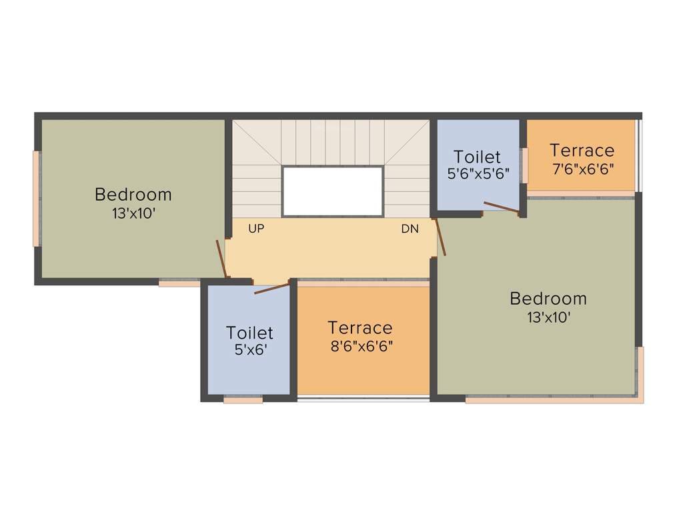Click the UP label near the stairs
click(x=256, y=229)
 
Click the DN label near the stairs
click(x=410, y=229)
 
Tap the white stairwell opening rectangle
click(x=332, y=191)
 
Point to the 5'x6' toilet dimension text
click(x=250, y=349)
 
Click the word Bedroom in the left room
click(x=133, y=195)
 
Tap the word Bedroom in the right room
click(x=548, y=299)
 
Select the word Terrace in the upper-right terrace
click(x=582, y=150)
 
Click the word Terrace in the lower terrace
click(x=360, y=328)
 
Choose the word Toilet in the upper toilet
click(x=477, y=157)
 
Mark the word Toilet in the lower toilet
click(x=250, y=332)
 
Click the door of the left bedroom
click(x=222, y=259)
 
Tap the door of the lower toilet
click(x=272, y=288)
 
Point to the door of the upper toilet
click(x=501, y=207)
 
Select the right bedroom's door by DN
click(x=440, y=237)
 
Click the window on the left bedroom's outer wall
click(x=37, y=199)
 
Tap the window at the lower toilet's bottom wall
click(x=243, y=400)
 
